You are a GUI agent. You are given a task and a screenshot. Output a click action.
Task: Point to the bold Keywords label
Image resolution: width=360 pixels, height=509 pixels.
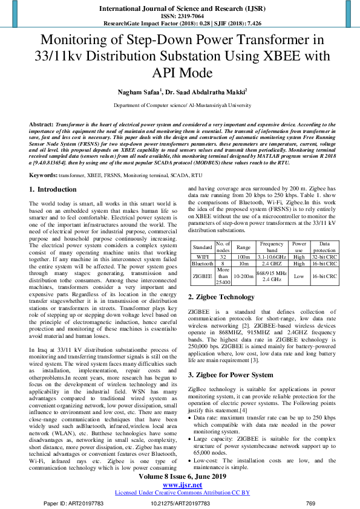[44, 175]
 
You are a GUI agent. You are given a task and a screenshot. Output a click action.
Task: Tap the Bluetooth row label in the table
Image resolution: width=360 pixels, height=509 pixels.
[201, 264]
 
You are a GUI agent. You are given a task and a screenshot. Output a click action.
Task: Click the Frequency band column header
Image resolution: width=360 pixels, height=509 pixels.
[272, 247]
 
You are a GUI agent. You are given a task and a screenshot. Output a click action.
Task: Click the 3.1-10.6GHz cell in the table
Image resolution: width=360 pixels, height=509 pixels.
[272, 256]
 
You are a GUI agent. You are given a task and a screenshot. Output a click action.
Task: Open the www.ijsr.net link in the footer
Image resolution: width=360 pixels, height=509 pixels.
[180, 484]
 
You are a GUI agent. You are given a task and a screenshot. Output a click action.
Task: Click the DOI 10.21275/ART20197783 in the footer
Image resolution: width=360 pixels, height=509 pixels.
[180, 503]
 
